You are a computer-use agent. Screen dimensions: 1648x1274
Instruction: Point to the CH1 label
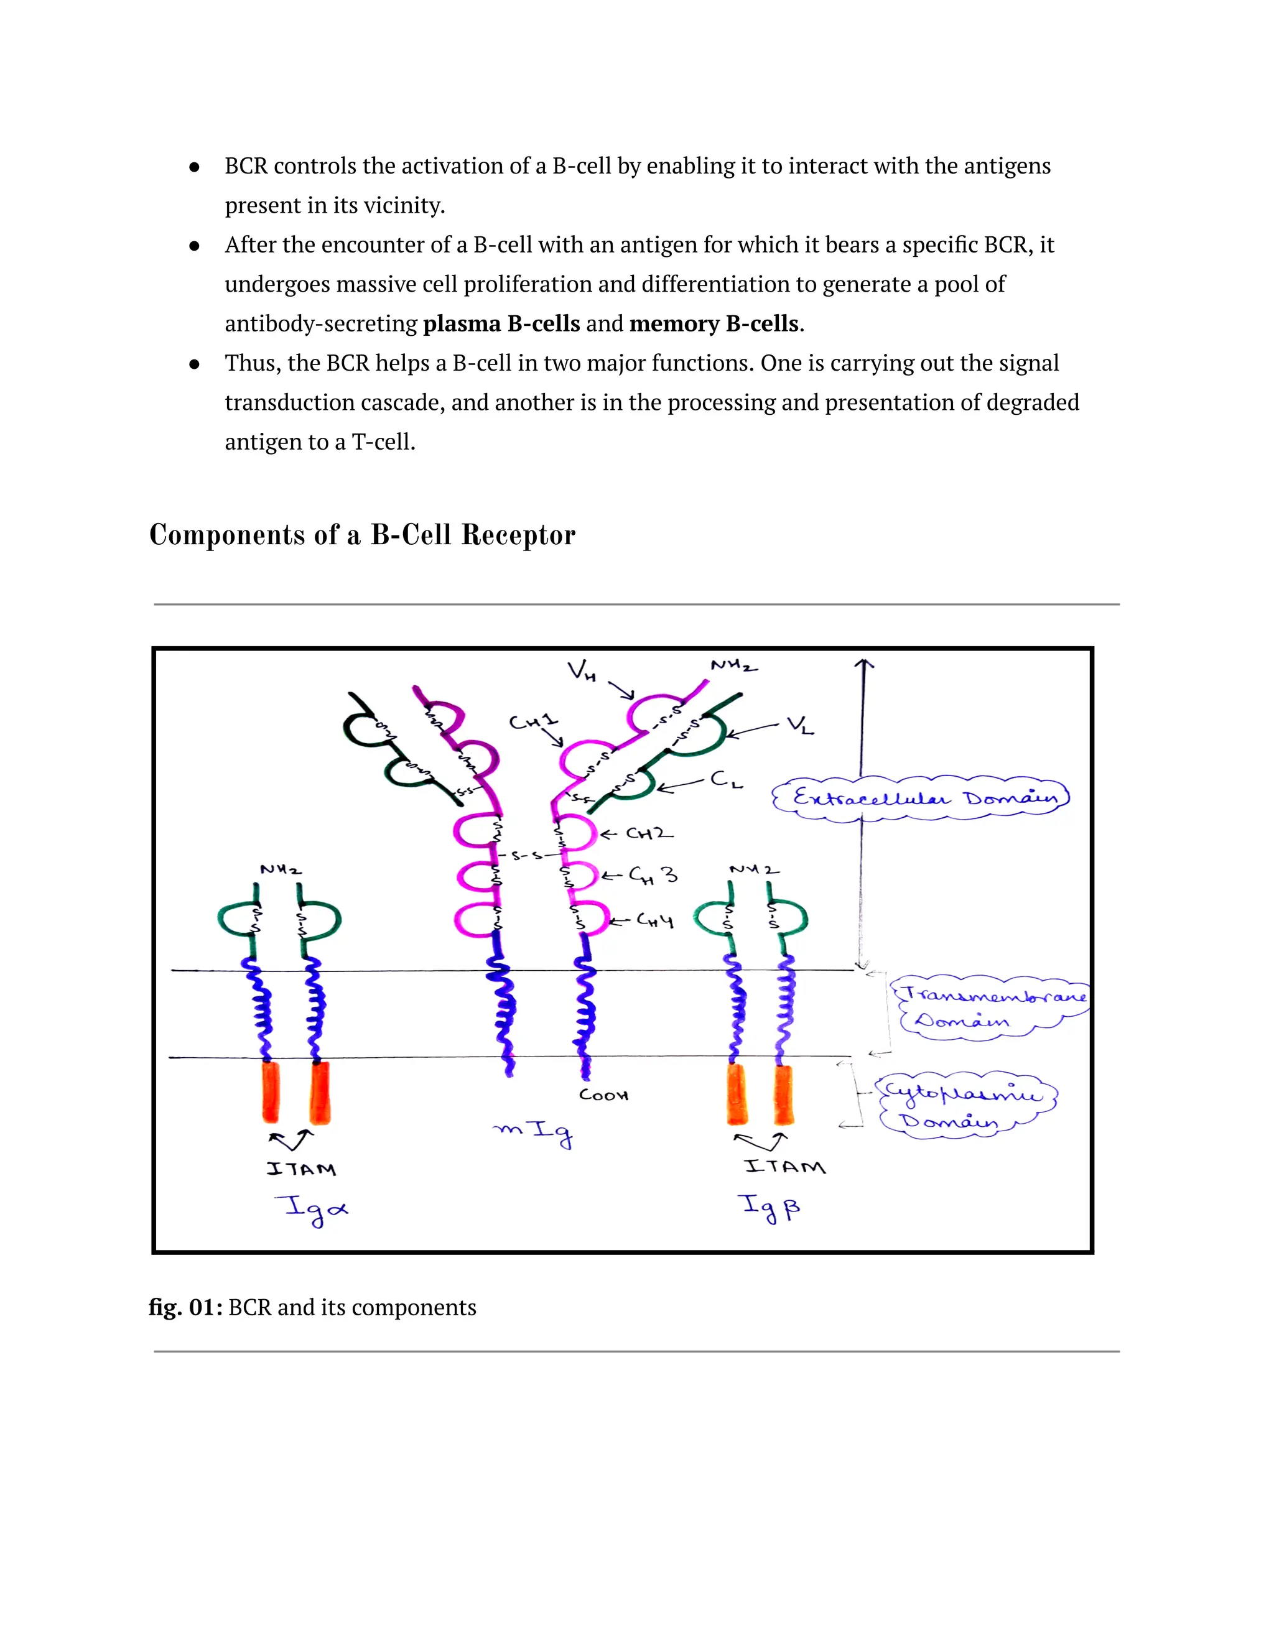pos(533,722)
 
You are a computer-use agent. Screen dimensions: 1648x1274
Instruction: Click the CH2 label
pos(648,834)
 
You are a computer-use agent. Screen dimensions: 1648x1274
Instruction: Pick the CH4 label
pos(654,920)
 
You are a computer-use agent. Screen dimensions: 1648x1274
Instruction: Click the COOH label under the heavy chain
pos(603,1095)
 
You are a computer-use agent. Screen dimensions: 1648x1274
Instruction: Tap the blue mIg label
pos(534,1132)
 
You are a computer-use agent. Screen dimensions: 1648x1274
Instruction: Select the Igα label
pos(315,1209)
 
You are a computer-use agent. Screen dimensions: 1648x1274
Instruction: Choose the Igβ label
pos(769,1206)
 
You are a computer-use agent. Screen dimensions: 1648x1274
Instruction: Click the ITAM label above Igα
pos(301,1169)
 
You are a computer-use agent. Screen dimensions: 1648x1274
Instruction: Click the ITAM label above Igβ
pos(785,1167)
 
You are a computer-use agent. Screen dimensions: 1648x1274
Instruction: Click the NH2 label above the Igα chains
pos(281,870)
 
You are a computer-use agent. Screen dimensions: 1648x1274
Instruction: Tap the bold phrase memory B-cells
pos(714,324)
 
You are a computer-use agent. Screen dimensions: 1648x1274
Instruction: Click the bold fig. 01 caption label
pos(185,1307)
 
